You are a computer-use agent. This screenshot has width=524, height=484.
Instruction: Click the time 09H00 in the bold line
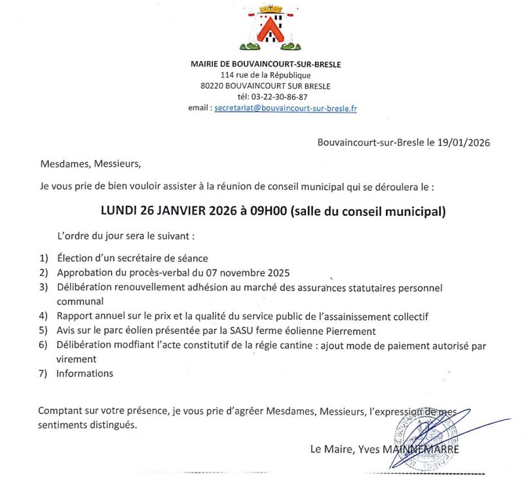267,211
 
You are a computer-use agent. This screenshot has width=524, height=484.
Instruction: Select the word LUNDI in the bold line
120,211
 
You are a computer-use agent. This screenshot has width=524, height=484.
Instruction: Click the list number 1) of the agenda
44,258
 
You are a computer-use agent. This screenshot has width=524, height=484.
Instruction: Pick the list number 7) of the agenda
44,373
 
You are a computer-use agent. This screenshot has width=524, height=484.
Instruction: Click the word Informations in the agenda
85,373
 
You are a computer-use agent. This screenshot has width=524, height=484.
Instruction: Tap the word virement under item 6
77,359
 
